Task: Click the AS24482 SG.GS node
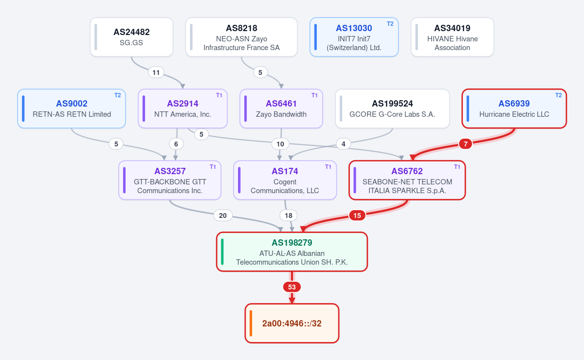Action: click(131, 37)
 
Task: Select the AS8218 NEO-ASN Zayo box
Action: click(241, 37)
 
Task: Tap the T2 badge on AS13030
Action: click(390, 24)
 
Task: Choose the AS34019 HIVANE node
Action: click(452, 37)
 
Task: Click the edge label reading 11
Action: click(156, 72)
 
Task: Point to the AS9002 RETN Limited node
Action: click(72, 108)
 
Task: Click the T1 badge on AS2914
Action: click(219, 95)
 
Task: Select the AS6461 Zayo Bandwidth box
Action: click(281, 108)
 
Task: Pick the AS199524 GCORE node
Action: click(392, 108)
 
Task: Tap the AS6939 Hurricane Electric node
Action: click(514, 108)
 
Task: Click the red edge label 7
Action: click(465, 144)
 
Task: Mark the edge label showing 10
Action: click(280, 144)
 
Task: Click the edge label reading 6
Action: click(176, 144)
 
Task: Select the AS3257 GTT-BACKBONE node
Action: click(170, 180)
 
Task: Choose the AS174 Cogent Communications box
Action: click(285, 180)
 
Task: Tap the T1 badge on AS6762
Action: click(457, 167)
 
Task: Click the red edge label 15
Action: click(357, 216)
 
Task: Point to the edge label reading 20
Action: click(223, 216)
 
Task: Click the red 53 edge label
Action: click(292, 287)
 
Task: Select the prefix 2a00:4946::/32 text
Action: click(292, 323)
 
